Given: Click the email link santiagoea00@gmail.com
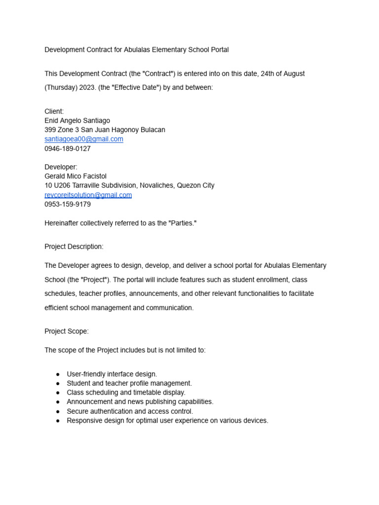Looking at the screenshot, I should (84, 139).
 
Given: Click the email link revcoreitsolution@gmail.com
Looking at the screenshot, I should (88, 195).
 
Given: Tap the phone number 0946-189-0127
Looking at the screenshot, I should (68, 148).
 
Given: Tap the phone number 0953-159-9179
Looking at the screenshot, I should (68, 204).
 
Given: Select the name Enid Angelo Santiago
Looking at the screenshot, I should (77, 120).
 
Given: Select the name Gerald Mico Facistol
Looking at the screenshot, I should (76, 176).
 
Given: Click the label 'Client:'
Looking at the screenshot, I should (54, 111).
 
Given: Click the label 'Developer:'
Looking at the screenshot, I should (61, 167).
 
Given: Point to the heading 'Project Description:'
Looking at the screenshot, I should (74, 247).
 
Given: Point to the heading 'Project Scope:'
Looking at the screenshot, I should (67, 331).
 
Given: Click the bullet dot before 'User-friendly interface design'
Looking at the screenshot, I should (58, 374).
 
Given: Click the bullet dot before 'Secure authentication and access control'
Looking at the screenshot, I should (58, 411).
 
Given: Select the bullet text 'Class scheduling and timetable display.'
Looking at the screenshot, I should (126, 393).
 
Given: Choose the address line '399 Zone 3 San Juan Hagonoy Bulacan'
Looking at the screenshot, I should (105, 130).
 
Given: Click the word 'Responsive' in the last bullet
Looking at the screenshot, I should (84, 421).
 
